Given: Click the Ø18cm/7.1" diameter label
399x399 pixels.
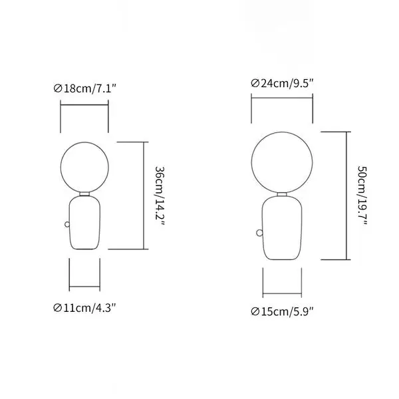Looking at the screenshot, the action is [x=85, y=88].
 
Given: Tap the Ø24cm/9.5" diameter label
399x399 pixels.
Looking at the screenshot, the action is [x=282, y=83].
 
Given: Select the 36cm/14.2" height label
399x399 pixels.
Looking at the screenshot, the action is [x=160, y=196].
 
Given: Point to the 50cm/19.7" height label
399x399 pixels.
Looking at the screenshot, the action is [x=362, y=196].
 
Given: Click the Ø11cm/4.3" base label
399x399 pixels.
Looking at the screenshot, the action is [x=84, y=308].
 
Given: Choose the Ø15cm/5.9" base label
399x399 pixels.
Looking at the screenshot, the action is [x=282, y=311].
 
